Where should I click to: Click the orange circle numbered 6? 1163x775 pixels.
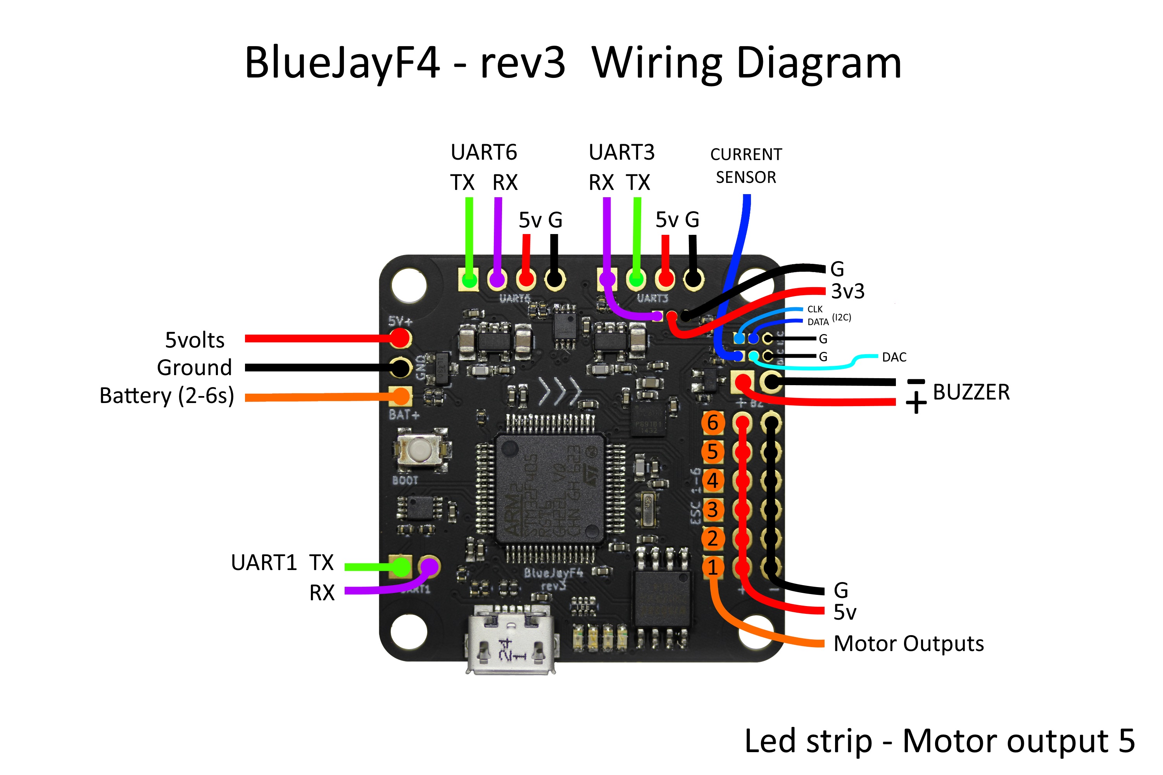713,423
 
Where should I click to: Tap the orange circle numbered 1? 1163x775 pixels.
713,567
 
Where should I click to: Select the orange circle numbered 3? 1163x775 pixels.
713,510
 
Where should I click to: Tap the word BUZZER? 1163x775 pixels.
971,393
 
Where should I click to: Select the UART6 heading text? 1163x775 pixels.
483,152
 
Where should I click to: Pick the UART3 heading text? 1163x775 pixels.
621,152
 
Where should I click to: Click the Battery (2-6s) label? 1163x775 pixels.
167,396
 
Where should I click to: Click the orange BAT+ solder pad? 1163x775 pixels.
400,396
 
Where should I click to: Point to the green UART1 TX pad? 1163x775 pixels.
401,567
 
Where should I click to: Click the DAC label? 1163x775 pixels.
894,357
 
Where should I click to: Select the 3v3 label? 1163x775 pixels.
847,291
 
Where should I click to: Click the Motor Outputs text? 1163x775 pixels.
908,644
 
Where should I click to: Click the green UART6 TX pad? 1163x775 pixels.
469,280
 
